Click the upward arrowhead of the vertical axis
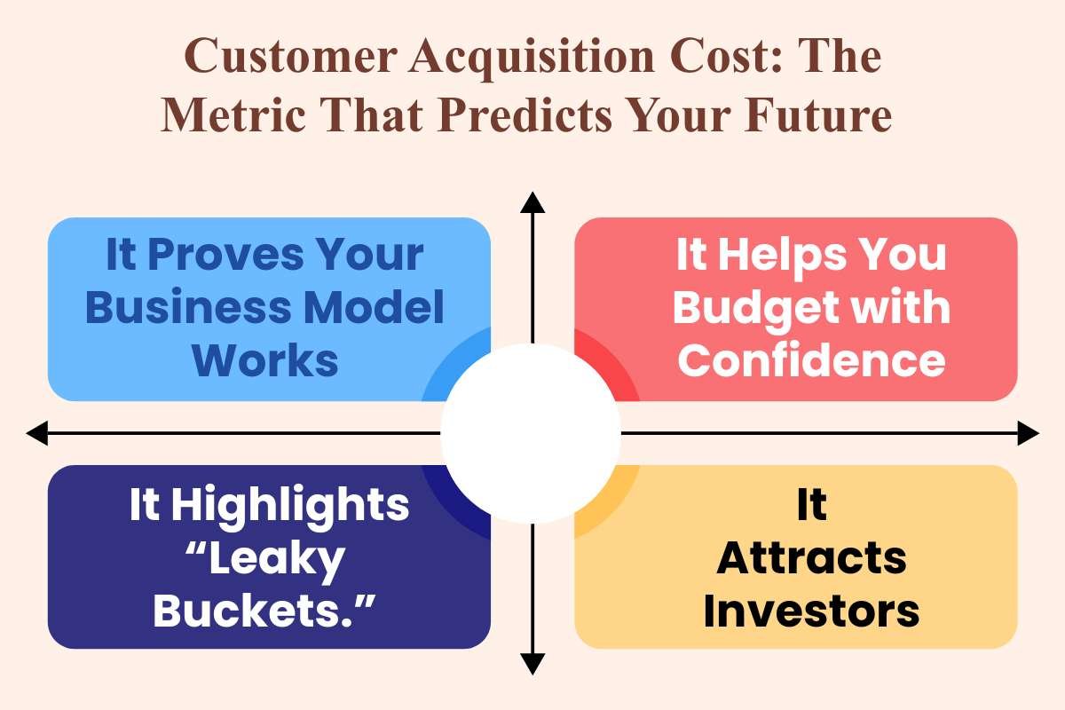point(532,202)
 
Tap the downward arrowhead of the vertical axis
point(532,664)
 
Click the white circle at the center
point(531,433)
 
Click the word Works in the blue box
point(266,361)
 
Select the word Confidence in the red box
point(811,359)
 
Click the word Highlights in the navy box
point(290,506)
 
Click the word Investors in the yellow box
point(811,611)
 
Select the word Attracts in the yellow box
point(811,559)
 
